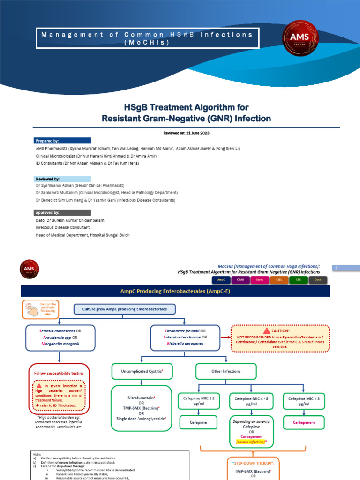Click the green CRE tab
click(x=299, y=280)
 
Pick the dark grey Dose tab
click(x=318, y=280)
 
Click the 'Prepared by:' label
click(x=47, y=141)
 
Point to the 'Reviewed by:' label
click(x=47, y=179)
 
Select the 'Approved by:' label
click(x=47, y=212)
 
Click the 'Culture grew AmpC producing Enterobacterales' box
click(x=124, y=309)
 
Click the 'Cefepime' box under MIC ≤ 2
click(x=199, y=422)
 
